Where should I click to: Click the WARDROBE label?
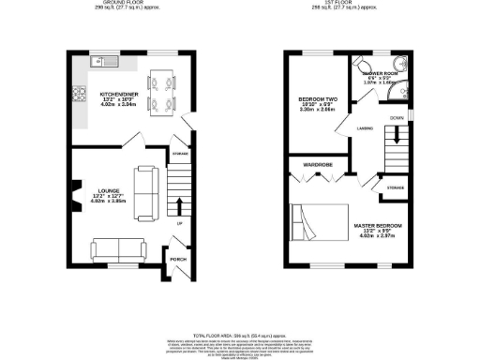[317, 165]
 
